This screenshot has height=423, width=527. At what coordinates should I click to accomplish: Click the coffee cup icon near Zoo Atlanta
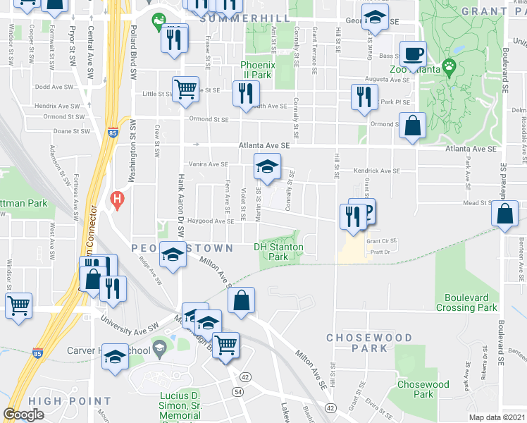413,53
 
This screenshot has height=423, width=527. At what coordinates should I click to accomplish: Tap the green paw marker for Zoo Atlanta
448,68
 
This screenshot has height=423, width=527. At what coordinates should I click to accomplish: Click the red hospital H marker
118,199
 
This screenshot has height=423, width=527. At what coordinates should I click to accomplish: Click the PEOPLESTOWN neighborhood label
182,248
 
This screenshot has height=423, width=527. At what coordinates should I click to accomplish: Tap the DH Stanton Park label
279,252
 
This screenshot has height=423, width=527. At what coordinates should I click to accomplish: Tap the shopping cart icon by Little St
185,89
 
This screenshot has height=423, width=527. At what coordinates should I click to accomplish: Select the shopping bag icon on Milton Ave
241,300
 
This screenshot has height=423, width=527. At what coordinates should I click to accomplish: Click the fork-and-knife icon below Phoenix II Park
246,93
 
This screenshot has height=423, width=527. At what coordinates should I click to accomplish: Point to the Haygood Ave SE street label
210,221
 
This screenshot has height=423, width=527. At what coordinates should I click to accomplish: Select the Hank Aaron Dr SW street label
181,200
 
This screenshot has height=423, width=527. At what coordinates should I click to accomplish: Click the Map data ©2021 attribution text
497,417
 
